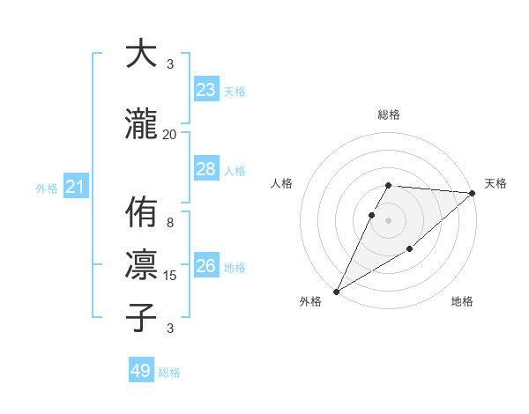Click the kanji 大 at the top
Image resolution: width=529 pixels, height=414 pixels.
click(x=141, y=54)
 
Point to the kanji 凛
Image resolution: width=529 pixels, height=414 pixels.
click(x=141, y=265)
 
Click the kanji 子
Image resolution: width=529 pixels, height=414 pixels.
click(x=141, y=317)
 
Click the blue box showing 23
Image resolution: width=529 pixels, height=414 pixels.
click(x=206, y=90)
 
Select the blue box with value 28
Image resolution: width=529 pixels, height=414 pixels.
click(x=206, y=169)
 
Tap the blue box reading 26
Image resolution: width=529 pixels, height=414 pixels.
click(x=206, y=266)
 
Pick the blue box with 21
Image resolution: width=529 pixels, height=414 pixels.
click(x=76, y=187)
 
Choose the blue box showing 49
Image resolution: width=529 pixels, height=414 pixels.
click(x=141, y=371)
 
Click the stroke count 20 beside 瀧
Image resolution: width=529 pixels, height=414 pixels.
click(x=170, y=134)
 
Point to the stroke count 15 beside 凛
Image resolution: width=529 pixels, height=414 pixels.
click(x=170, y=276)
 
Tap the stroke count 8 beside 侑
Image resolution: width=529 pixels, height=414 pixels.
click(x=170, y=223)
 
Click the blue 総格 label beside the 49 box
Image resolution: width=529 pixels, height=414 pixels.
click(x=169, y=373)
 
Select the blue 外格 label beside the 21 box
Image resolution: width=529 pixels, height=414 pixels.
click(x=47, y=188)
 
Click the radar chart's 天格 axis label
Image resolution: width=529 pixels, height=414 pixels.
click(x=495, y=183)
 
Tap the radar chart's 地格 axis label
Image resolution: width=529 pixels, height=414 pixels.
click(x=462, y=302)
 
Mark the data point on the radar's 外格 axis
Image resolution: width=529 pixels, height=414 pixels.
click(x=336, y=291)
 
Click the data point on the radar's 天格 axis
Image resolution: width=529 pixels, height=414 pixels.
click(x=473, y=193)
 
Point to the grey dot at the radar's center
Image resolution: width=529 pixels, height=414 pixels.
click(x=389, y=220)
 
